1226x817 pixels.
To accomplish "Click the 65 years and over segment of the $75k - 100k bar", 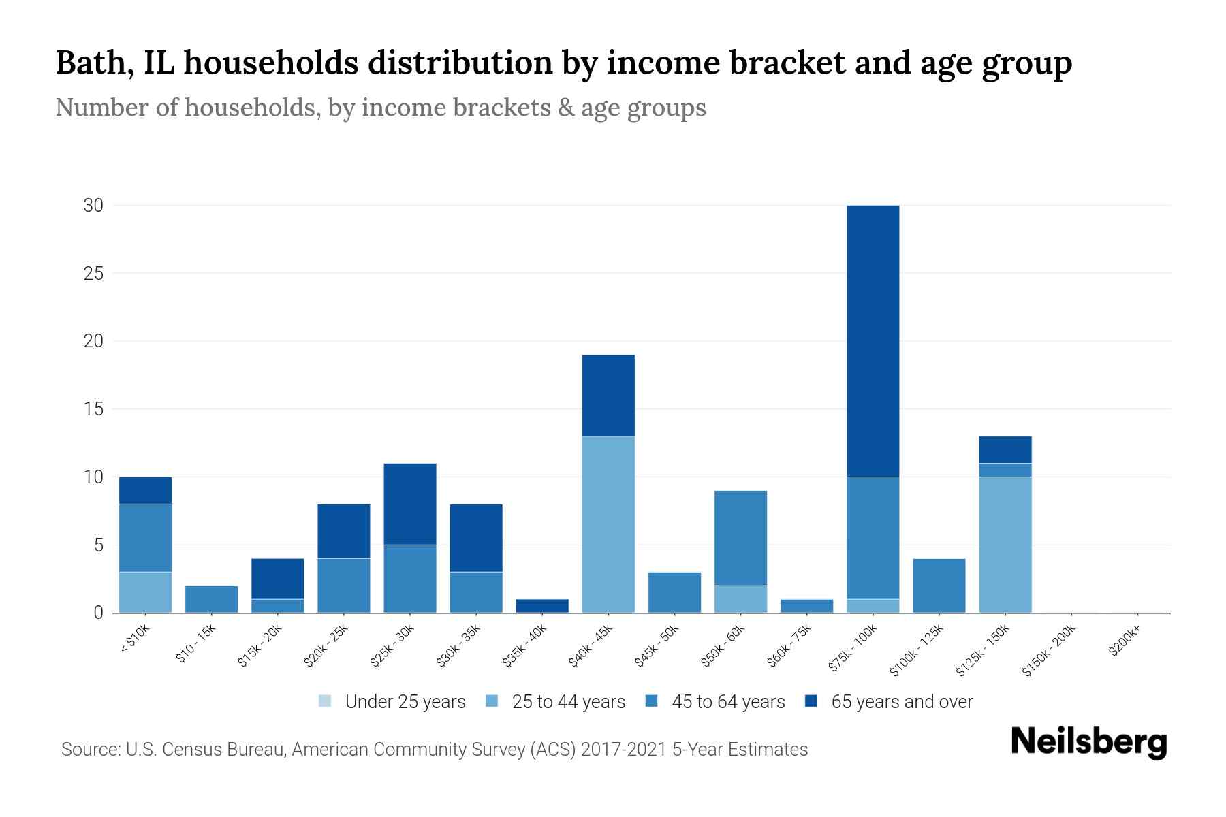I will coord(873,340).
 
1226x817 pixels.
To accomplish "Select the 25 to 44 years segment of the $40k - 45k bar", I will coord(608,524).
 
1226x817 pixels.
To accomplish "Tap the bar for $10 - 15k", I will coord(211,599).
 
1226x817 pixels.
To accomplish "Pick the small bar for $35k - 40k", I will coord(542,606).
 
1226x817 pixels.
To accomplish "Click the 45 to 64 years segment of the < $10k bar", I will coord(145,538).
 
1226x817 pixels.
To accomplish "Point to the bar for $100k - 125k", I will coord(939,586).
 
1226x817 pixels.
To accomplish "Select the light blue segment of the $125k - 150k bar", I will coord(1005,545).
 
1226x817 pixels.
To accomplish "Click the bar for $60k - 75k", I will coord(806,606).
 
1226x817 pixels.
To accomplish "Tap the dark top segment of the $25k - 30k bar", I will coord(409,504).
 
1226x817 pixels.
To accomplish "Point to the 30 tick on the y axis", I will coord(93,206).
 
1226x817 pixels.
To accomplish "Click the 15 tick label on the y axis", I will coord(93,409).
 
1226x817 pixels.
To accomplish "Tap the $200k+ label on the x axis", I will coord(1125,643).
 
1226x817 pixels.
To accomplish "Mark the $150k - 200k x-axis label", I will coord(1050,651).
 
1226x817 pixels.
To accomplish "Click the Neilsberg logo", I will coord(1088,742).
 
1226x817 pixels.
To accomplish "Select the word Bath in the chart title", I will coord(88,63).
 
